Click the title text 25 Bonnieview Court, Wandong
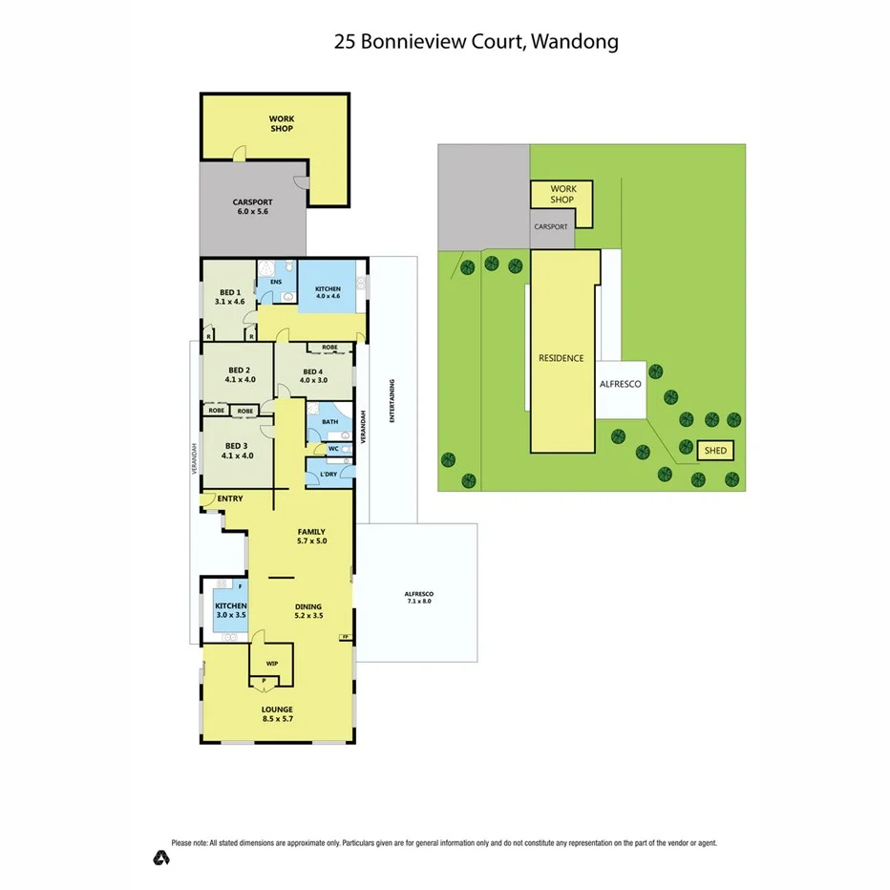(477, 41)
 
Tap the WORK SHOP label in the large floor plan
(281, 123)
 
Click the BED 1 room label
(229, 297)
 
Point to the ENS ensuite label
(276, 283)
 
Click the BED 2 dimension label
(240, 374)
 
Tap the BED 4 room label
(314, 376)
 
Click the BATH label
(329, 421)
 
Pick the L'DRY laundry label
(328, 474)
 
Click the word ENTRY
(229, 498)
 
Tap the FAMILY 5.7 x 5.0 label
(310, 537)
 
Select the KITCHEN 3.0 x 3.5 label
(230, 611)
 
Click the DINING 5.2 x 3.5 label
(307, 611)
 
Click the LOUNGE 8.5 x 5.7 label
(278, 713)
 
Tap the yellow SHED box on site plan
(713, 450)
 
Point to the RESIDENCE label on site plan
(561, 358)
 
